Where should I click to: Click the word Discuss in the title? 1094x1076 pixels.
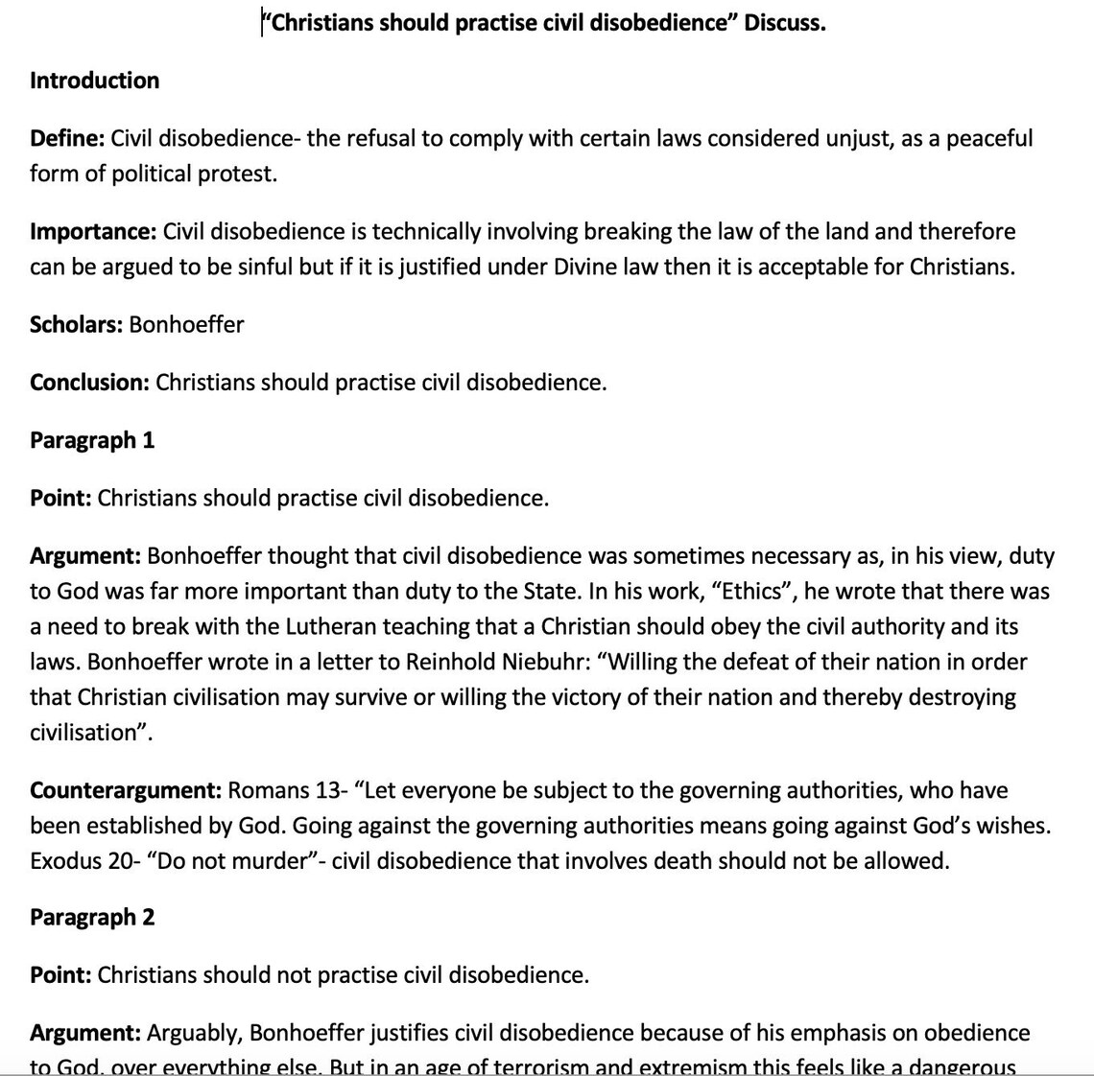pos(782,23)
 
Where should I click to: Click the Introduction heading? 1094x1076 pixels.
pos(94,81)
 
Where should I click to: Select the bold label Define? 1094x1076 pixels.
pos(67,138)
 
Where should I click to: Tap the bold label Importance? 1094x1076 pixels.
pos(93,231)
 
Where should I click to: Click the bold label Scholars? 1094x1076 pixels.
pos(76,324)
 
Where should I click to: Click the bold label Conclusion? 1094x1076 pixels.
pos(89,383)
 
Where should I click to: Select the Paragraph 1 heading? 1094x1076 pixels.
pos(92,440)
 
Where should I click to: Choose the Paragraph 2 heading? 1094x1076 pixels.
pos(92,917)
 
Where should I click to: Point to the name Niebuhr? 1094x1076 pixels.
pos(541,663)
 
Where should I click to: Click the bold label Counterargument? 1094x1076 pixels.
pos(126,790)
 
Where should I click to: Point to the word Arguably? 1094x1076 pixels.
pos(194,1033)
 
